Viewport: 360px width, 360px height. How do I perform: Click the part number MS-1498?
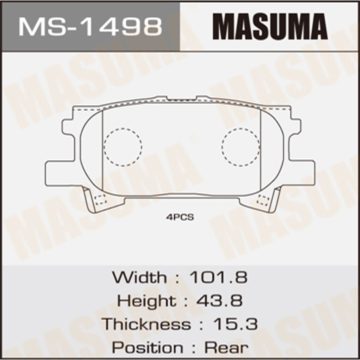pos(90,26)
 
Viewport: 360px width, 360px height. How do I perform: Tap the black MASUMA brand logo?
pos(269,26)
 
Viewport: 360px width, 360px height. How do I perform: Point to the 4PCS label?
pos(180,218)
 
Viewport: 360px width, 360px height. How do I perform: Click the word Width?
pos(139,278)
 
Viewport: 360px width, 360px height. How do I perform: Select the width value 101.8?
pos(219,278)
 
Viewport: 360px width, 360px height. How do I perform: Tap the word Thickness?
pos(146,324)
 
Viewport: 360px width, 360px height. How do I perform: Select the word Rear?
pos(227,347)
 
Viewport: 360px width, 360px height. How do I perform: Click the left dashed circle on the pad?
pos(122,147)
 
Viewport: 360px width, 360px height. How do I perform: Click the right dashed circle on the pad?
pos(241,147)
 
